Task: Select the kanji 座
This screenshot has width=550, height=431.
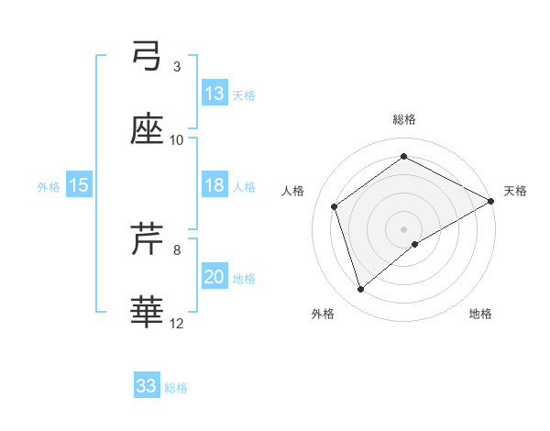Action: (147, 131)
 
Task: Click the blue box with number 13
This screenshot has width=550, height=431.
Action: (214, 94)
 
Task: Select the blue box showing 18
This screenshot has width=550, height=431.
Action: (214, 185)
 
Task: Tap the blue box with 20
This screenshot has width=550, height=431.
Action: (214, 277)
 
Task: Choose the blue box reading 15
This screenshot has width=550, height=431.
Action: (79, 185)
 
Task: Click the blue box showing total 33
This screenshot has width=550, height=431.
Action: (147, 385)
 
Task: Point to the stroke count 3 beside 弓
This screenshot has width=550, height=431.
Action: (177, 66)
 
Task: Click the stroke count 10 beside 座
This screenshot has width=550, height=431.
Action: (177, 139)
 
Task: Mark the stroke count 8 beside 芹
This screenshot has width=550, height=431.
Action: (177, 249)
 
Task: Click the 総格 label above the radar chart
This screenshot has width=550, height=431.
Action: (404, 119)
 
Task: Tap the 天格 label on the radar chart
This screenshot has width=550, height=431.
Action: (515, 191)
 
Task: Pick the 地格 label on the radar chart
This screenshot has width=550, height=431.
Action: (480, 315)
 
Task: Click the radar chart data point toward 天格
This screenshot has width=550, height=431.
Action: (491, 200)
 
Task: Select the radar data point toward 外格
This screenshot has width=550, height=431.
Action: (361, 290)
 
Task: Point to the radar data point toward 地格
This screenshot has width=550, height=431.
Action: (415, 244)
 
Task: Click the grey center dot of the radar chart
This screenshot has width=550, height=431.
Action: (404, 227)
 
